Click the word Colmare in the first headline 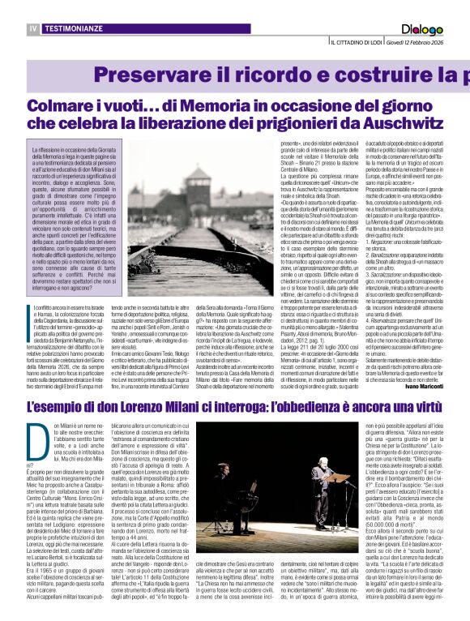(x=58, y=106)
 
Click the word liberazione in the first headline (x=192, y=124)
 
